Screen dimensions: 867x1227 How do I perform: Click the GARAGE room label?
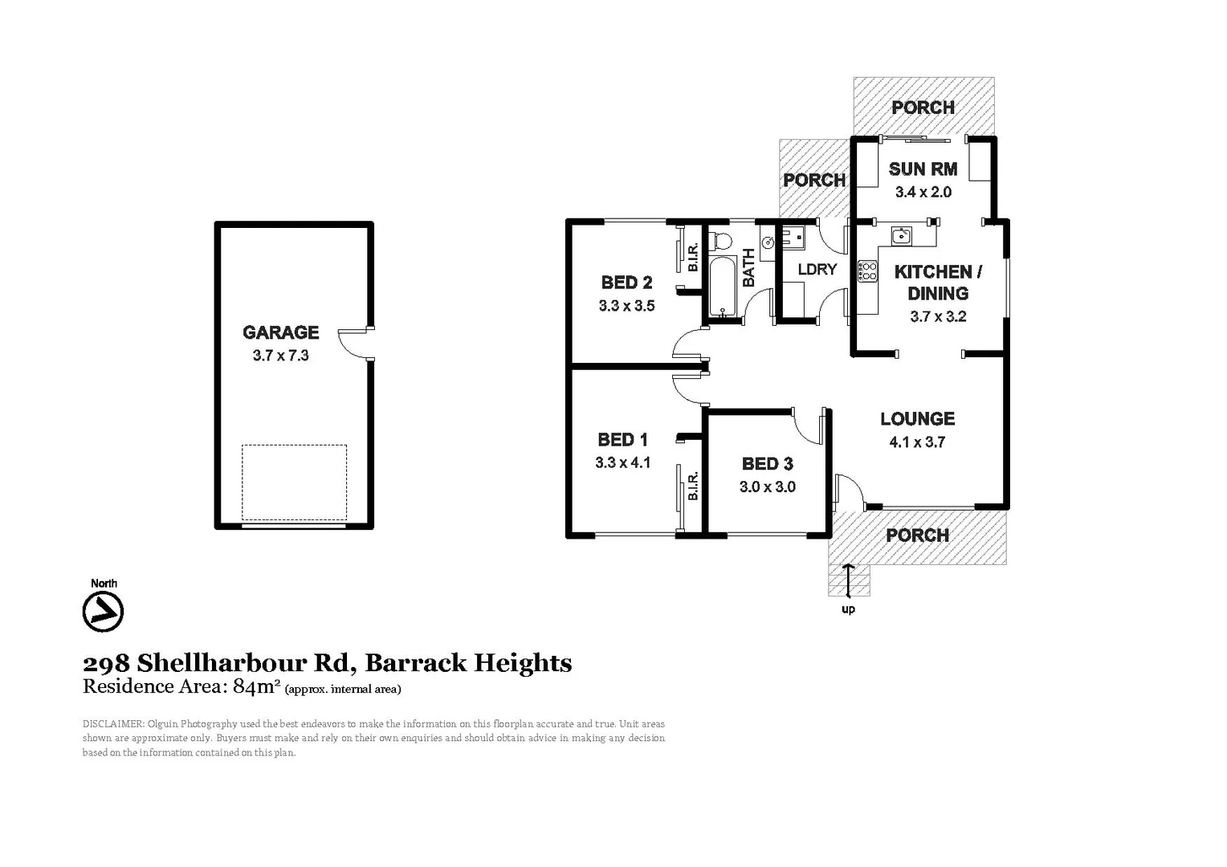pos(280,332)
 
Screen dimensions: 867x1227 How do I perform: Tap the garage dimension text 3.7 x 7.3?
pos(280,356)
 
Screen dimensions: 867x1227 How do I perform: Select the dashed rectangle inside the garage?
pos(294,482)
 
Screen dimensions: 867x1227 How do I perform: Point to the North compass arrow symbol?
pos(103,612)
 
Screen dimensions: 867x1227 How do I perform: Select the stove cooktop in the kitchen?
pos(867,271)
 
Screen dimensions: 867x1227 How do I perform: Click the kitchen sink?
pos(901,235)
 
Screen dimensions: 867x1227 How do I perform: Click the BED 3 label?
pos(767,463)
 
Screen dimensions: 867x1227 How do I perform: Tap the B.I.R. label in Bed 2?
pos(693,256)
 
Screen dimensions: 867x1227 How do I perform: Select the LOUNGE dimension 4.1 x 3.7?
pos(917,442)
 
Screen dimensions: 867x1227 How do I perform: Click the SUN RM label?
pos(923,169)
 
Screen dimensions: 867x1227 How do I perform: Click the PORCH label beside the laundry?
pos(814,180)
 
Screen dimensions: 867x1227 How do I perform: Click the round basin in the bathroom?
pos(768,242)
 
